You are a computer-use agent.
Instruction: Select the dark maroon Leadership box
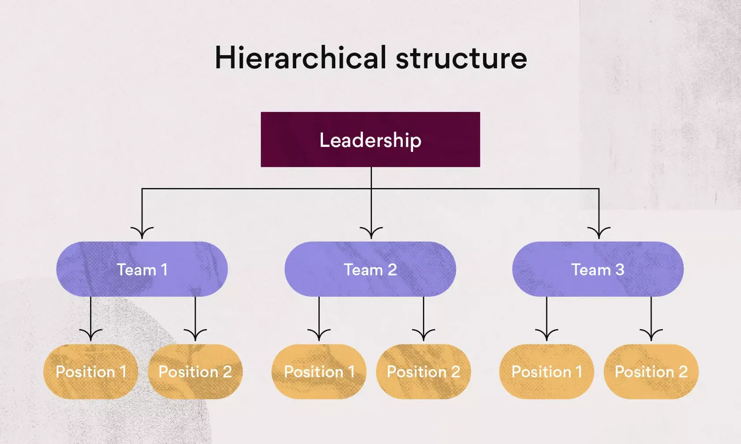[370, 139]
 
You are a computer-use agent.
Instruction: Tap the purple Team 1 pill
[142, 269]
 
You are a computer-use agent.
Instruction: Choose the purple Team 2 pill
[370, 269]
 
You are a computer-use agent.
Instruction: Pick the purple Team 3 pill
[598, 269]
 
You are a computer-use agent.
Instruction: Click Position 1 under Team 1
[90, 372]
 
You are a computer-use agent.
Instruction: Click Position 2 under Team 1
[195, 372]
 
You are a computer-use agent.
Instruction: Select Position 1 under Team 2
[319, 372]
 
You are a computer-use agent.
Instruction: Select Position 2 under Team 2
[423, 372]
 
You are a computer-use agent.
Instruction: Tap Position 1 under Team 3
[546, 372]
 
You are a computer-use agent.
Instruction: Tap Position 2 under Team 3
[651, 372]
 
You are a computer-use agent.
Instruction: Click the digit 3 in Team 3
[620, 269]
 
